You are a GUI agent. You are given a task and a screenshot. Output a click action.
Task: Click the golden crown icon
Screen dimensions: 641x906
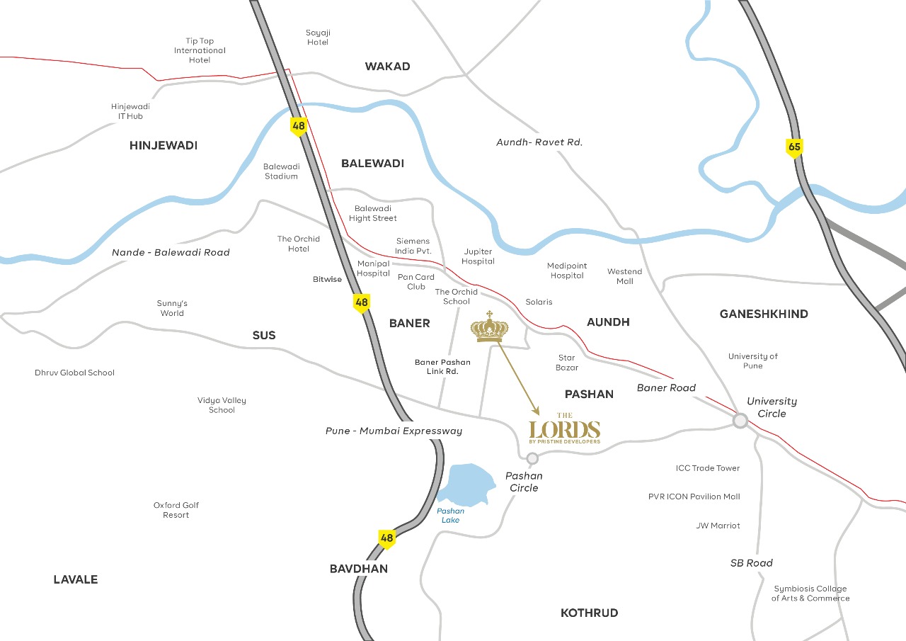pos(489,327)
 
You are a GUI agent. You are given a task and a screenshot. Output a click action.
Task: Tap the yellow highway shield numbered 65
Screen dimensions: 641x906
pos(794,148)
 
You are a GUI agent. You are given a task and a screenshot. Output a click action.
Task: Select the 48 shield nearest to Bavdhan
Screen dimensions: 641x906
pos(386,538)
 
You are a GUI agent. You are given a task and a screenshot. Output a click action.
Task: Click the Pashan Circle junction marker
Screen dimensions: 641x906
pos(532,458)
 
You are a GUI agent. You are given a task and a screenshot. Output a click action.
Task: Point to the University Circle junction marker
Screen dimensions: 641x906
pos(740,421)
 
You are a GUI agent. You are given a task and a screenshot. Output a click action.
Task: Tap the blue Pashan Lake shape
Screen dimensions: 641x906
pos(464,486)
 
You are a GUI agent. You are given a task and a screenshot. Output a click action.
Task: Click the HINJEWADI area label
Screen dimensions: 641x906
pos(164,145)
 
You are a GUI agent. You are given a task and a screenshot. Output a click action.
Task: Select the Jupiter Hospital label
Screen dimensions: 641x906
pos(478,256)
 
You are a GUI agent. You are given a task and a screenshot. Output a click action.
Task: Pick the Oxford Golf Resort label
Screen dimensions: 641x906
pos(176,510)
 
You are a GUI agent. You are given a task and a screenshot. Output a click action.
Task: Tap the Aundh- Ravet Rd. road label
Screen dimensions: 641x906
pos(539,142)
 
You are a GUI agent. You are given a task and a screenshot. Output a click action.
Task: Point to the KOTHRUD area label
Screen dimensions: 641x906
pos(589,613)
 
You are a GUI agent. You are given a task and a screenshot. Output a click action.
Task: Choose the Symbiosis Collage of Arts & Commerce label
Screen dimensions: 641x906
pos(810,594)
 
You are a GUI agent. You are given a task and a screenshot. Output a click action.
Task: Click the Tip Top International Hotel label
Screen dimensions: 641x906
pos(200,51)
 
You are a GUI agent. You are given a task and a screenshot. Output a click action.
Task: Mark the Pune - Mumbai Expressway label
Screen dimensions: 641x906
pos(394,431)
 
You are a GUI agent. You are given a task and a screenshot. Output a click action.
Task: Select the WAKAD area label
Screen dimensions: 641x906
pos(387,67)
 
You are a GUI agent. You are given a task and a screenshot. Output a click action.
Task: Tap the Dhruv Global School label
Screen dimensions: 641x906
pos(74,373)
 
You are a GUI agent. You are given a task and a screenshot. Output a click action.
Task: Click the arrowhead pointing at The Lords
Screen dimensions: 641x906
pos(536,412)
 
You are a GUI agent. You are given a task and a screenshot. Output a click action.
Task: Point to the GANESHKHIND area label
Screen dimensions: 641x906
pos(764,314)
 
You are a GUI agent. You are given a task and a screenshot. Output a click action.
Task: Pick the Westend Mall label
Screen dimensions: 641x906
pos(625,276)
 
